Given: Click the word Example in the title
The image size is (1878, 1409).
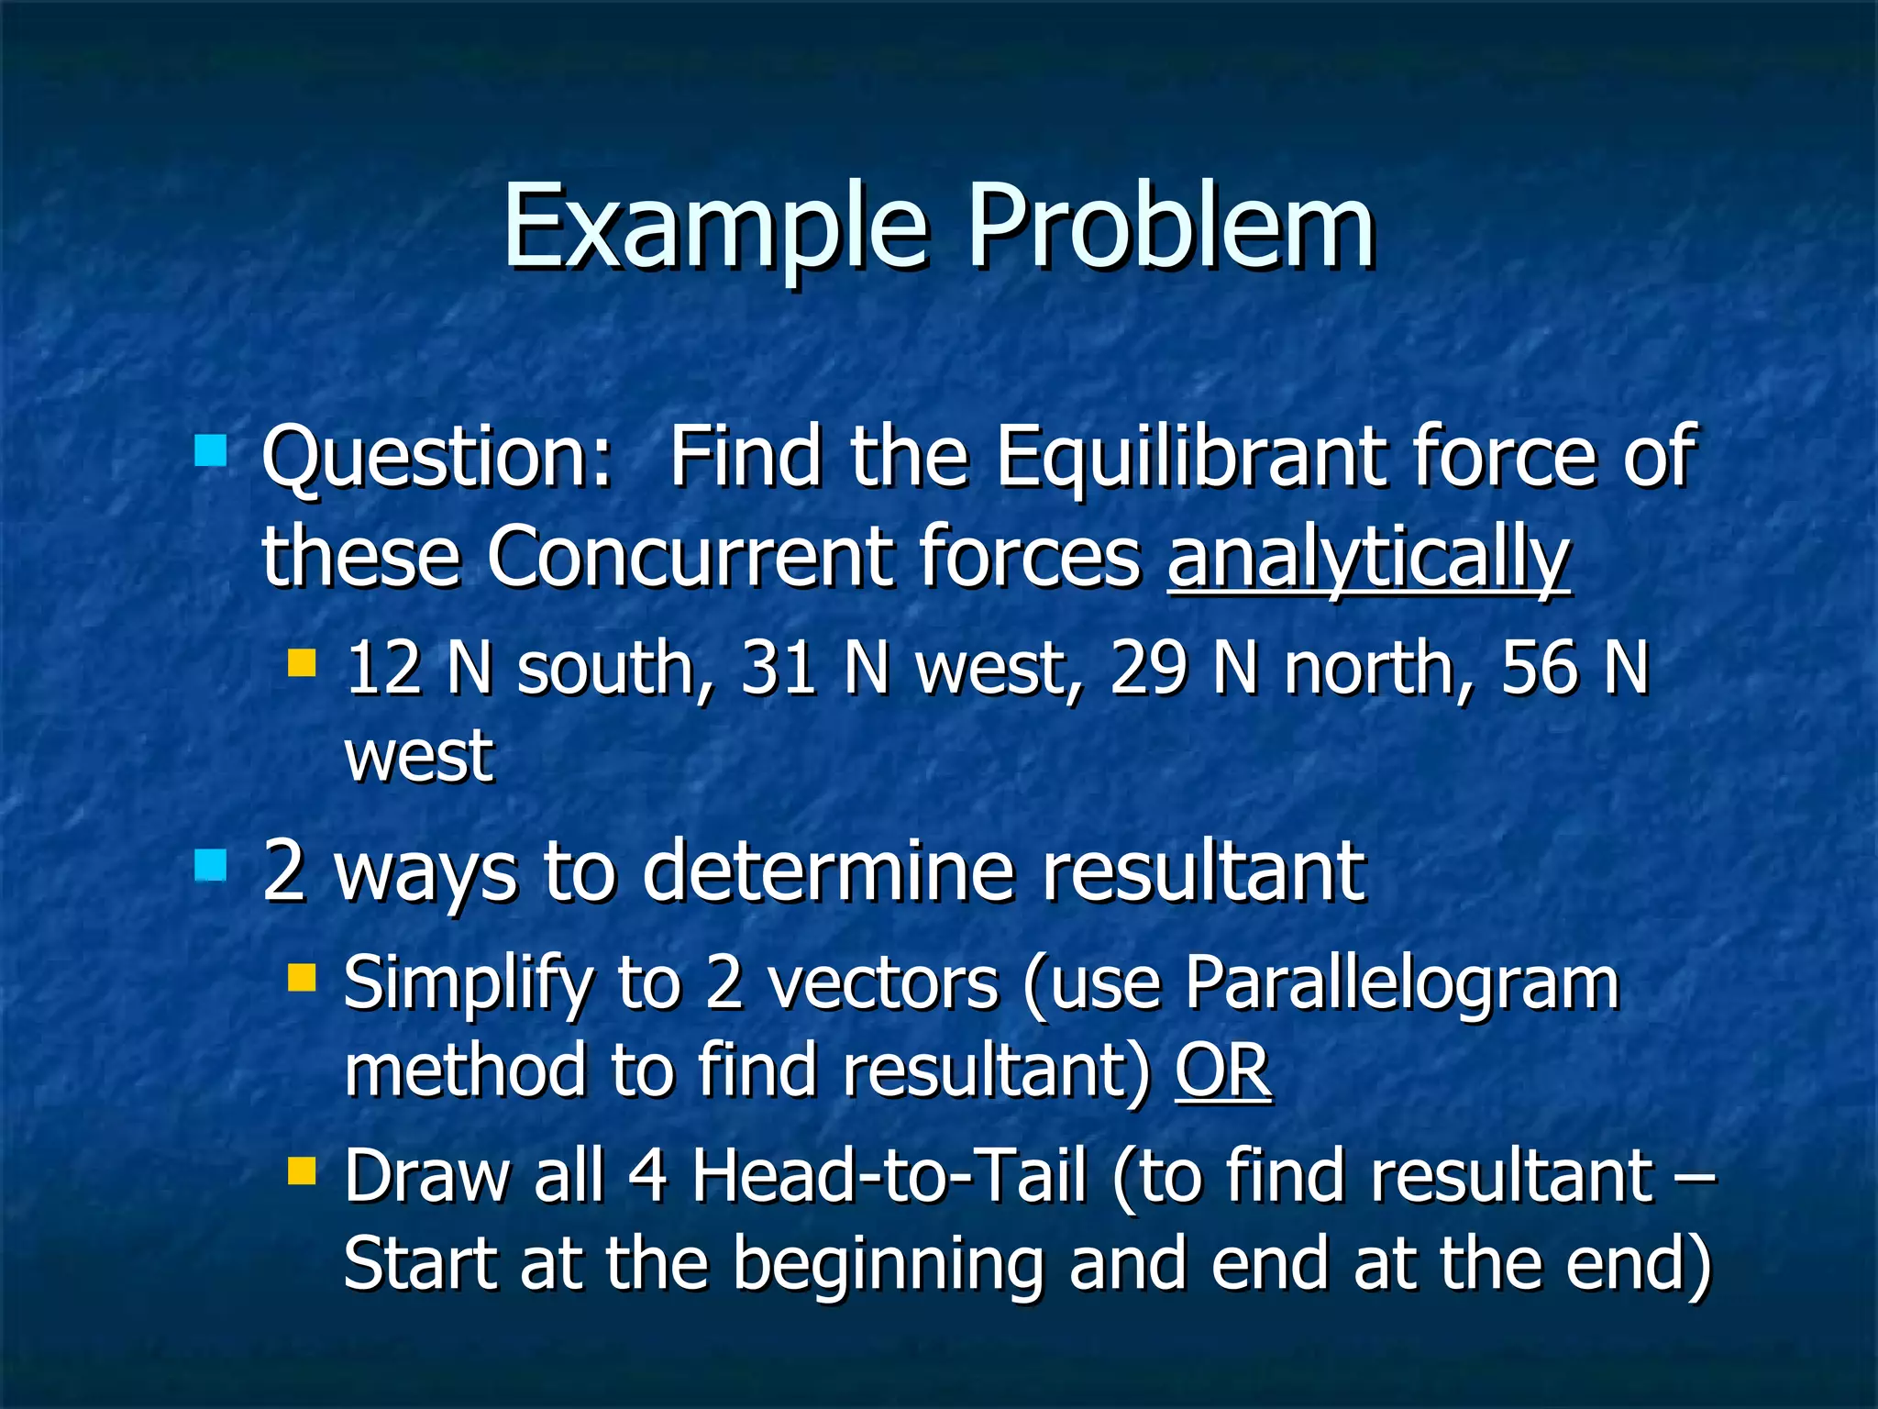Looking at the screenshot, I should click(713, 227).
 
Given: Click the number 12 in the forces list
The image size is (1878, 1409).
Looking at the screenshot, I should click(383, 668).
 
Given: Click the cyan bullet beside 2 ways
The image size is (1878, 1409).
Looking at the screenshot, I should click(211, 865).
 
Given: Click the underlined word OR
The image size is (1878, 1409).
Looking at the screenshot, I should click(1223, 1071).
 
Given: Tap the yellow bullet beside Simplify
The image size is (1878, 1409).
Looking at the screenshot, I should click(301, 978).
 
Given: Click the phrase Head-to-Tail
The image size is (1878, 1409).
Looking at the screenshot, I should click(888, 1176).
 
